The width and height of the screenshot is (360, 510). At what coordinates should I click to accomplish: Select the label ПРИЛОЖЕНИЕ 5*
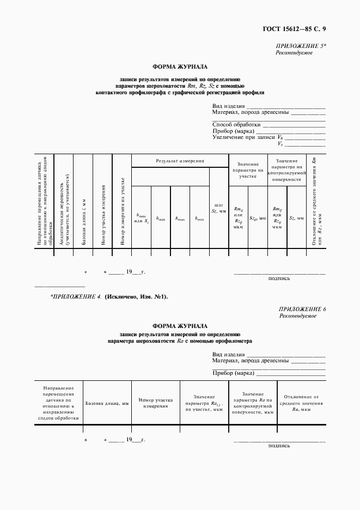pyautogui.click(x=301, y=47)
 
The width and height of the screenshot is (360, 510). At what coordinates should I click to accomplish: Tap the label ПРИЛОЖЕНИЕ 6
pyautogui.click(x=302, y=309)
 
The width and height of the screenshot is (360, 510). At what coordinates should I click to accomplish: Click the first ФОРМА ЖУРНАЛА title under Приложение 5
pyautogui.click(x=180, y=67)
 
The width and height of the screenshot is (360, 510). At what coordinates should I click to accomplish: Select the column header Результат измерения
pyautogui.click(x=180, y=161)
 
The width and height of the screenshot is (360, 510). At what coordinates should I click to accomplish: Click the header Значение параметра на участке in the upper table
pyautogui.click(x=247, y=169)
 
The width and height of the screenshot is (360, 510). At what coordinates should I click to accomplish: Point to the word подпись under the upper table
pyautogui.click(x=279, y=278)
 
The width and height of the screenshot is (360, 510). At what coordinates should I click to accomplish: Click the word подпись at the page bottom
pyautogui.click(x=279, y=445)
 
